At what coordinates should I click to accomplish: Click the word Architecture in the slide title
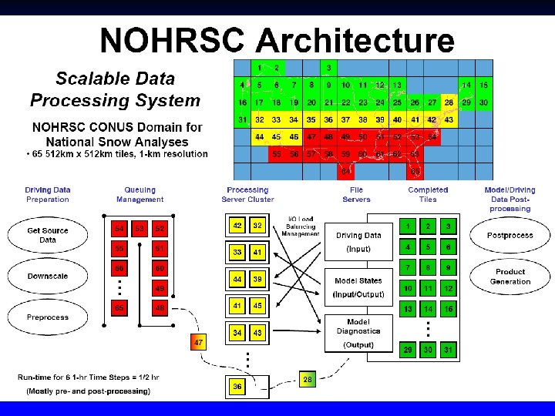tap(355, 40)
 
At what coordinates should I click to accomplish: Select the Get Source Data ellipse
tap(48, 234)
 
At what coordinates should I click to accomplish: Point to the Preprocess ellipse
tap(48, 317)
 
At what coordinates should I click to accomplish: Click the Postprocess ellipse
tap(510, 235)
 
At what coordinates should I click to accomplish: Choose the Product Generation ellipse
tap(510, 277)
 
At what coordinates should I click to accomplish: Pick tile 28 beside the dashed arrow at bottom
tap(308, 379)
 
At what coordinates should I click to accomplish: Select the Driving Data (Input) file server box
tap(358, 242)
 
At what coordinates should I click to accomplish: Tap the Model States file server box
tap(358, 287)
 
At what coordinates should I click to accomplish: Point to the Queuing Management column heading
tap(140, 194)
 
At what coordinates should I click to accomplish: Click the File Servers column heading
tap(355, 194)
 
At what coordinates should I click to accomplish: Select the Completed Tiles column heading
tap(428, 194)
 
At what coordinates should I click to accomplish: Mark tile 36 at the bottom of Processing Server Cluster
tap(237, 386)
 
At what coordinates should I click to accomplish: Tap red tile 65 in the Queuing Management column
tap(119, 308)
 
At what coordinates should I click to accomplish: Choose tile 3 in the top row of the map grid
tap(329, 68)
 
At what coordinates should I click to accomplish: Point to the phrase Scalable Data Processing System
tap(115, 89)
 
